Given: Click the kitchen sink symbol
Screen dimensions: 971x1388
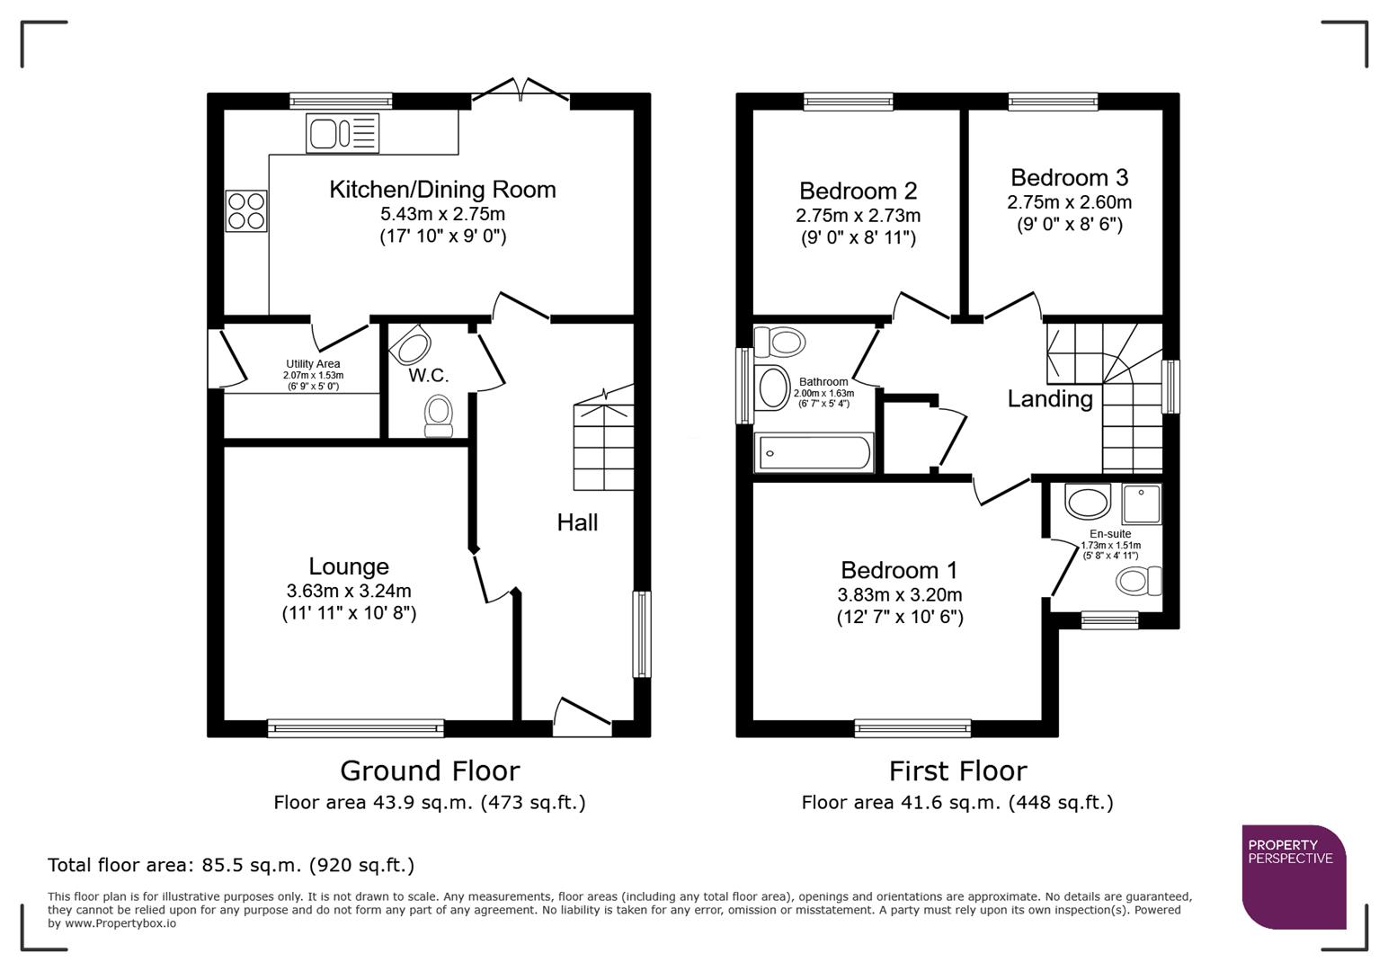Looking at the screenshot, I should (x=343, y=134).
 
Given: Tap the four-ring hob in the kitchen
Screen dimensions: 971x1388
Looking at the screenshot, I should (x=246, y=211).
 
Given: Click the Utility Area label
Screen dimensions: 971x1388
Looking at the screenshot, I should (x=313, y=364).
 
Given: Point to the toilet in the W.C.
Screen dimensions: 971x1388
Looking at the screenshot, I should (x=439, y=415).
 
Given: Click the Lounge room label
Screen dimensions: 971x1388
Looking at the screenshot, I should (x=349, y=566).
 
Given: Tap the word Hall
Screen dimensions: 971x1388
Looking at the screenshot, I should (x=577, y=522).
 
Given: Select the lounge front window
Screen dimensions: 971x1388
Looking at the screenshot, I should (x=356, y=728).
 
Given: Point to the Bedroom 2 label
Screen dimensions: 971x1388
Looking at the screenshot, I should (x=858, y=192).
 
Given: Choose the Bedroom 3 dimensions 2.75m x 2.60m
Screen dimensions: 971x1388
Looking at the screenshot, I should (x=1069, y=202).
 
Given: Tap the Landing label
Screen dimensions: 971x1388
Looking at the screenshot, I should (x=1050, y=398).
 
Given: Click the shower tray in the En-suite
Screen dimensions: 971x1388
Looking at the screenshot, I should (x=1142, y=504).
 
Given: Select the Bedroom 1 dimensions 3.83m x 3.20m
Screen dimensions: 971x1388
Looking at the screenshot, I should (x=899, y=595).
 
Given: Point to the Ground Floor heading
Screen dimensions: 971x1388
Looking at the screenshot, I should (x=430, y=771).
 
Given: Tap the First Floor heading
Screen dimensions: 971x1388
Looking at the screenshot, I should (x=957, y=771).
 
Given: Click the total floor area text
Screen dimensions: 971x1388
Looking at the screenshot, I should (x=231, y=865).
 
